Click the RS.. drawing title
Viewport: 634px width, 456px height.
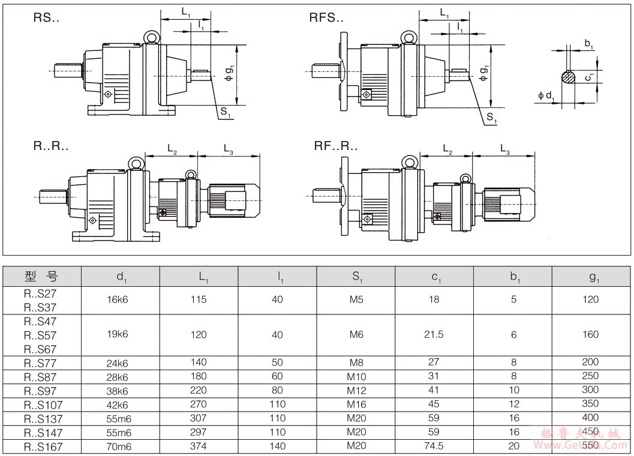click(47, 18)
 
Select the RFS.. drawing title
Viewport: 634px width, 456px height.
click(326, 18)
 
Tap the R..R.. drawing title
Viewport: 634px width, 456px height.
click(51, 146)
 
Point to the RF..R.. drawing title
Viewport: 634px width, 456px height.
click(335, 146)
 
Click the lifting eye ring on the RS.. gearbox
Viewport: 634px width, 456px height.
click(151, 37)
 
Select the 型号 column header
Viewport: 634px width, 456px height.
click(42, 276)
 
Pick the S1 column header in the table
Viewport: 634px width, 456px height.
click(356, 276)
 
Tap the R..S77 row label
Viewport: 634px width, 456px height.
click(40, 362)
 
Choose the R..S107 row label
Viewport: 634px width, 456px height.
click(43, 404)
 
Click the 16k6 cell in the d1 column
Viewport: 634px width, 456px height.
click(118, 299)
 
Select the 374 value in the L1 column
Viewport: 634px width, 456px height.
click(199, 446)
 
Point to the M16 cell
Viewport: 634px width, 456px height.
click(356, 404)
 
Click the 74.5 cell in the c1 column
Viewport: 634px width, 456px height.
click(434, 446)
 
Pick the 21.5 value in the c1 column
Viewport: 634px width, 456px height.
click(434, 335)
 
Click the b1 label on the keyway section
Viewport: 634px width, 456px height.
click(588, 44)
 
